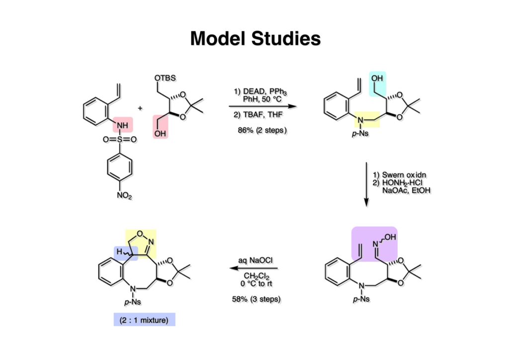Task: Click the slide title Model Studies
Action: pos(255,38)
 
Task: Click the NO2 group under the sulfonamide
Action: pos(124,196)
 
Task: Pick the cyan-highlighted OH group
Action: pos(377,79)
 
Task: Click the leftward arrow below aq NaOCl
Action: pos(253,269)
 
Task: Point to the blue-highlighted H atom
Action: pos(119,252)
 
